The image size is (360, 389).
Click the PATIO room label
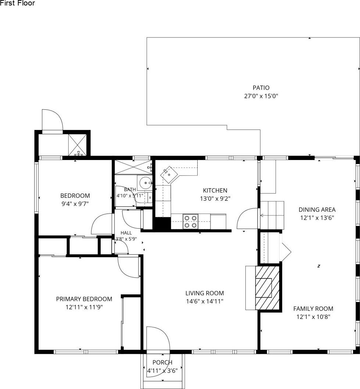click(x=261, y=88)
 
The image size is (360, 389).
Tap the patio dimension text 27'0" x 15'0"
click(x=261, y=96)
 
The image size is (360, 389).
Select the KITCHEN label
click(x=215, y=190)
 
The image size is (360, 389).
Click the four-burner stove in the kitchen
click(x=190, y=222)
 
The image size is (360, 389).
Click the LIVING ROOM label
click(x=205, y=293)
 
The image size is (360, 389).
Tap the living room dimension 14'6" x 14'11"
click(x=205, y=301)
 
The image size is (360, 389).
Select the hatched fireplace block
click(x=267, y=288)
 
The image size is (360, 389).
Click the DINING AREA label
click(x=317, y=210)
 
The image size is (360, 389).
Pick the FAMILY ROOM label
click(x=313, y=309)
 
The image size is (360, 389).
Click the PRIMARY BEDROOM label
click(x=84, y=299)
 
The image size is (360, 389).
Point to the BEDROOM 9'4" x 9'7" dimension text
click(x=75, y=204)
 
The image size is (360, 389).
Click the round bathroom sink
click(x=144, y=183)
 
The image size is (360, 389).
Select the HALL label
click(x=126, y=233)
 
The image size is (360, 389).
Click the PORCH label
click(x=162, y=363)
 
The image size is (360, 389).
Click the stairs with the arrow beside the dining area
click(x=272, y=215)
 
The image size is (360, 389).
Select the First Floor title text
click(x=17, y=3)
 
